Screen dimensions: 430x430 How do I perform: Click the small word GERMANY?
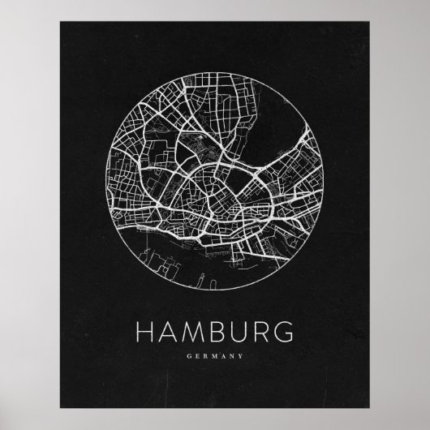click(x=214, y=354)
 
